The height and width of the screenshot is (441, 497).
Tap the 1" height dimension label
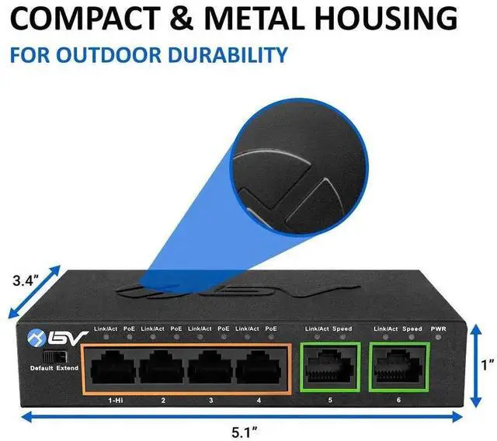(x=485, y=364)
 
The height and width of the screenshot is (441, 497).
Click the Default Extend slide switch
(x=54, y=356)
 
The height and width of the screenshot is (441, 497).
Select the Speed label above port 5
(x=342, y=329)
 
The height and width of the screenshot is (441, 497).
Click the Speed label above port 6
(x=412, y=329)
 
